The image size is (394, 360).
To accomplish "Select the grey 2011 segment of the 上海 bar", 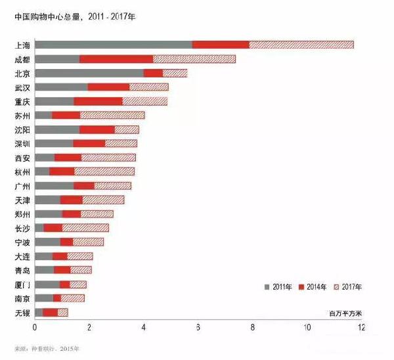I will pyautogui.click(x=113, y=45).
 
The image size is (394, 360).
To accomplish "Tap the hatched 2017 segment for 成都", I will pyautogui.click(x=194, y=59).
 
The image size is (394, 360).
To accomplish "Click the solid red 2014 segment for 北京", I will pyautogui.click(x=153, y=73).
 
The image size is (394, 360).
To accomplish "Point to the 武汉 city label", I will pyautogui.click(x=22, y=87).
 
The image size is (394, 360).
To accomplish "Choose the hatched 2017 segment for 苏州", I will pyautogui.click(x=112, y=116).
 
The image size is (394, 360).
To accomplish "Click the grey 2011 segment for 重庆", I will pyautogui.click(x=54, y=101).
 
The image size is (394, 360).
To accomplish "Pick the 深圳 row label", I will pyautogui.click(x=22, y=144).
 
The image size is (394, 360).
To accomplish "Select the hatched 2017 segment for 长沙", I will pyautogui.click(x=85, y=228).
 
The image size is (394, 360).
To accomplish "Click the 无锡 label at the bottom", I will pyautogui.click(x=22, y=313).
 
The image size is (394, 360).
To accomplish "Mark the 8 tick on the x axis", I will pyautogui.click(x=253, y=326).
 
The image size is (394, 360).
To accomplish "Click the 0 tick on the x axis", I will pyautogui.click(x=35, y=326).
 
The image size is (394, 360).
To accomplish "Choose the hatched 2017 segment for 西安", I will pyautogui.click(x=108, y=158).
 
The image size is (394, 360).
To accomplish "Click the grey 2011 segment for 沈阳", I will pyautogui.click(x=56, y=129).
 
